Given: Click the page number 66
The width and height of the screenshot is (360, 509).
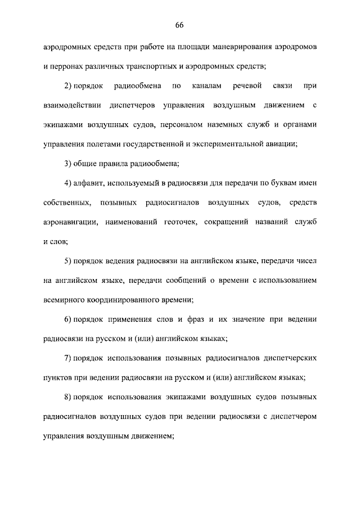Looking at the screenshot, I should [179, 25].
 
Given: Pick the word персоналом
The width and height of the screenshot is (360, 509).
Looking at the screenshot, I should [188, 124].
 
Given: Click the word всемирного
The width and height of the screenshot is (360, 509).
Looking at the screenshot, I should [65, 300].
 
